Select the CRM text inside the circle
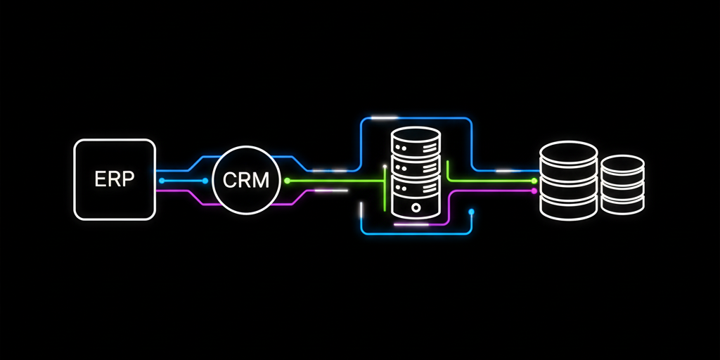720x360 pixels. click(x=245, y=180)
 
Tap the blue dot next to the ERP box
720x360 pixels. click(x=162, y=181)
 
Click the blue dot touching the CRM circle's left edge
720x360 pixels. click(x=205, y=181)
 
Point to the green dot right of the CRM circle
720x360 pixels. click(x=287, y=181)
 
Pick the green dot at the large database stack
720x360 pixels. click(x=534, y=181)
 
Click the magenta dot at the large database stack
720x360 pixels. click(x=534, y=191)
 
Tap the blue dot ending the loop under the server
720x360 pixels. click(x=471, y=211)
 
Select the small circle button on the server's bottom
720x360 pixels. click(x=416, y=208)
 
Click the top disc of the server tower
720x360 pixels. click(x=416, y=136)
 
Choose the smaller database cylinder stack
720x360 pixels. click(x=622, y=184)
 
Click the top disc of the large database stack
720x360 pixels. click(x=568, y=152)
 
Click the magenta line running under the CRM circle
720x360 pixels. click(x=246, y=205)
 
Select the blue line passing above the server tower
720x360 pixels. click(x=416, y=118)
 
